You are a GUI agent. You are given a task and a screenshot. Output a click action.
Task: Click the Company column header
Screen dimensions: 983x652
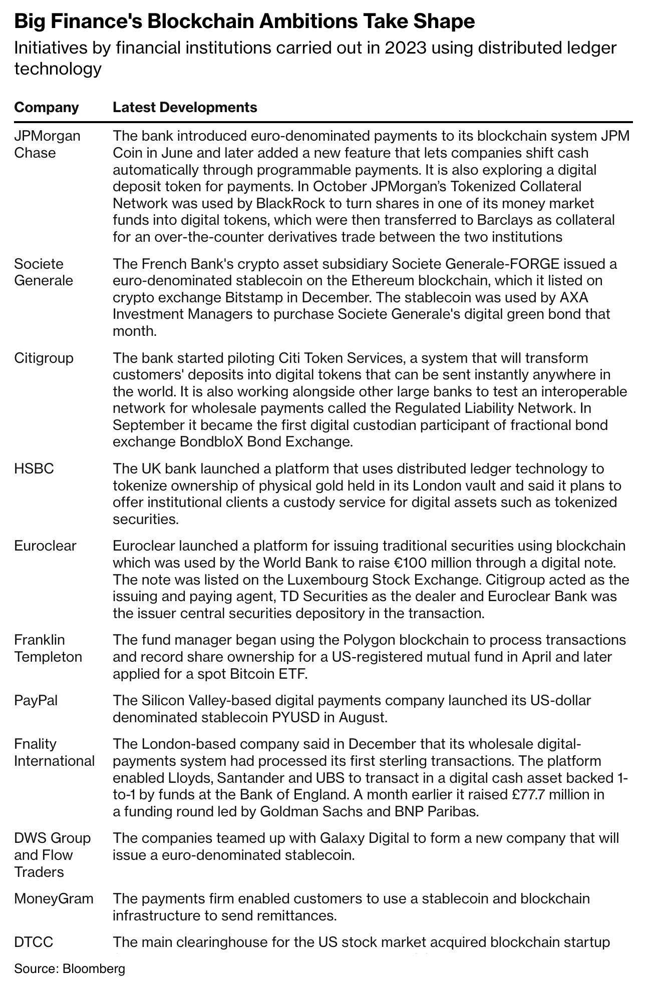click(x=47, y=108)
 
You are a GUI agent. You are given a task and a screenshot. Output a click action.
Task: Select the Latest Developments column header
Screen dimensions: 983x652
click(x=185, y=108)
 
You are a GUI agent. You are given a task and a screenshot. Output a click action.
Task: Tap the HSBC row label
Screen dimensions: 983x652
click(x=34, y=469)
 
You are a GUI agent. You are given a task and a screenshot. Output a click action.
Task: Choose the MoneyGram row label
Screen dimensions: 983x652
click(x=54, y=898)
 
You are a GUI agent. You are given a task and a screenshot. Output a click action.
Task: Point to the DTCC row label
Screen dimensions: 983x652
click(x=34, y=942)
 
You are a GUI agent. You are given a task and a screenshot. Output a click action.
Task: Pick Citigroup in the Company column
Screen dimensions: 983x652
click(x=44, y=358)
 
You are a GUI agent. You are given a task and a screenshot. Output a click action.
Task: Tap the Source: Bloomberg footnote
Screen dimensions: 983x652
click(x=70, y=968)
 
